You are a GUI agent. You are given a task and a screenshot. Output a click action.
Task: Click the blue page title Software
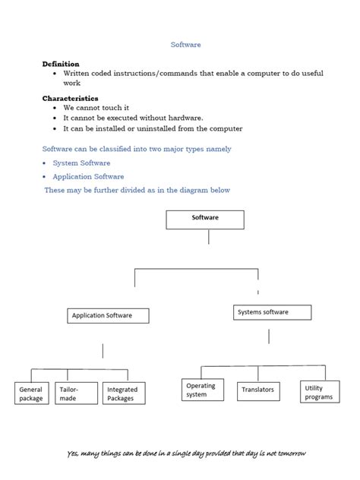[x=185, y=45]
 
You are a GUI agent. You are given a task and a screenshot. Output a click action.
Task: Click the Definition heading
[x=61, y=65]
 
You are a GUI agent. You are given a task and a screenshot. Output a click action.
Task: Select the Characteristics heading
[x=70, y=99]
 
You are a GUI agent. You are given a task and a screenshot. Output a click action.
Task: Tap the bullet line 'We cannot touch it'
[x=96, y=109]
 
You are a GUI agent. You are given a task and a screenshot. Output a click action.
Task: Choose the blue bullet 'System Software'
[x=81, y=163]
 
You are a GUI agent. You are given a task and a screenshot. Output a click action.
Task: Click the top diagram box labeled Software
[x=205, y=219]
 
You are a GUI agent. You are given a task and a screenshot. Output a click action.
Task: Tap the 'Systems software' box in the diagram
[x=272, y=312]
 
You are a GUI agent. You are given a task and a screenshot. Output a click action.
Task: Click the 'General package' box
[x=32, y=393]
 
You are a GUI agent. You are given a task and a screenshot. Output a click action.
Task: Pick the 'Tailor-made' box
[x=74, y=393]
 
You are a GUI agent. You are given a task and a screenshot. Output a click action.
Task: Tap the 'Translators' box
[x=258, y=390]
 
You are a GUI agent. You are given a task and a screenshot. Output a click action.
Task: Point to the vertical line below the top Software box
[x=208, y=237]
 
